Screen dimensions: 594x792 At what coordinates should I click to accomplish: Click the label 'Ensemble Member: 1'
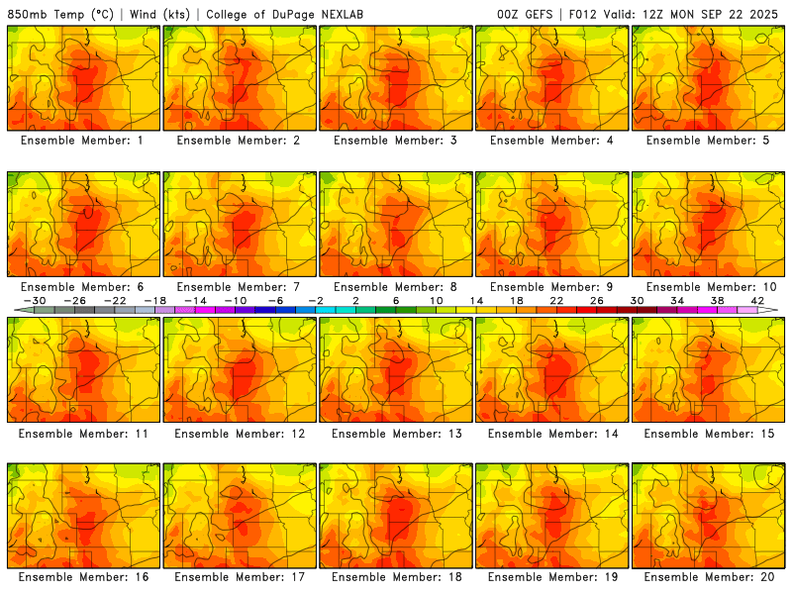(x=83, y=141)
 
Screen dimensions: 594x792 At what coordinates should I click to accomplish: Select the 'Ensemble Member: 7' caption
(x=240, y=287)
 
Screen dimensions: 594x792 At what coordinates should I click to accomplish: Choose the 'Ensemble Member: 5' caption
(x=708, y=141)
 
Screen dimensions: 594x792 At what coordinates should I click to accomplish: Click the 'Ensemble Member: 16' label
(x=83, y=577)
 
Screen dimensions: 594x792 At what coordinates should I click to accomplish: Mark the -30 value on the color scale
(x=35, y=300)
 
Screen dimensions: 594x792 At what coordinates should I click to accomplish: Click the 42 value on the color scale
(x=757, y=300)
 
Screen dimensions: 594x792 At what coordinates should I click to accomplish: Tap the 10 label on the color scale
(x=436, y=300)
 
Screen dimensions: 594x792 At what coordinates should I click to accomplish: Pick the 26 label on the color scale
(x=596, y=300)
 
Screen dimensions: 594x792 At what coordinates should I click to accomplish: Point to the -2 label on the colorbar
(x=315, y=300)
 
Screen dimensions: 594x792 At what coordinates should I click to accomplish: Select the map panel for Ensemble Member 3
(x=396, y=78)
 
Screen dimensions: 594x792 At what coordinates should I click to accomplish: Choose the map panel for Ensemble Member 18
(x=396, y=515)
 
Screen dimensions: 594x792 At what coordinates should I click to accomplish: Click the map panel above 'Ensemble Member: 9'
(x=552, y=224)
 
